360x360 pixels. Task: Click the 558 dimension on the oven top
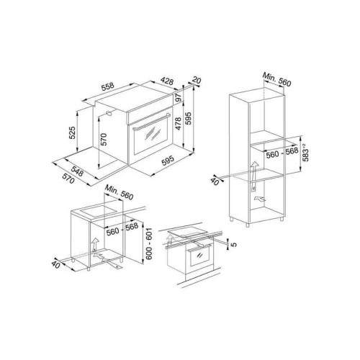point(108,86)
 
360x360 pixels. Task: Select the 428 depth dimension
point(167,81)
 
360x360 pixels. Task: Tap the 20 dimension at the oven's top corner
point(197,80)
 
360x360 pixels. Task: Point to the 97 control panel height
point(178,98)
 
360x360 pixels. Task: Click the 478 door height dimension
point(178,123)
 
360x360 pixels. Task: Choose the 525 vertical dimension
point(72,132)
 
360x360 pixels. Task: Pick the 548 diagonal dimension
point(77,171)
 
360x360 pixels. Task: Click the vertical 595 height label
point(189,118)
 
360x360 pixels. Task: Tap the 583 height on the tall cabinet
point(306,152)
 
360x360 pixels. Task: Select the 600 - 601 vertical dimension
point(149,243)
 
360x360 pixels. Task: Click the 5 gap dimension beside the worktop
point(234,244)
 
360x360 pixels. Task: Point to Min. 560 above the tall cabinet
point(276,79)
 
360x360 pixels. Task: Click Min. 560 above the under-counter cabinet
point(119,192)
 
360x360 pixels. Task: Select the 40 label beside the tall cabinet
point(215,181)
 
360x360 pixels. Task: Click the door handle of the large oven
point(151,122)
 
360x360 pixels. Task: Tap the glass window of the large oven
point(153,136)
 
